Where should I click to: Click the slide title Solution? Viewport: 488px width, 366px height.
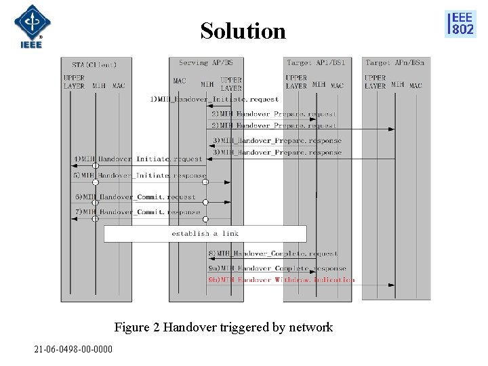(243, 31)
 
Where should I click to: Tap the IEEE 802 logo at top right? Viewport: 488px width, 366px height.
(460, 24)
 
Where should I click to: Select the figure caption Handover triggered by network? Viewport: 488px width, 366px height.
(224, 327)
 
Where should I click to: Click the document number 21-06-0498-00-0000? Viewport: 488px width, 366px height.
(74, 349)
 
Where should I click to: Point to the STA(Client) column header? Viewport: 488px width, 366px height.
(94, 65)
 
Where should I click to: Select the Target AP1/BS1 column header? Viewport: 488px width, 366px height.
(316, 63)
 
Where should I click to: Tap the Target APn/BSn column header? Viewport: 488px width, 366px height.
(395, 63)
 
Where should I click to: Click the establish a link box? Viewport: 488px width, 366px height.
(205, 234)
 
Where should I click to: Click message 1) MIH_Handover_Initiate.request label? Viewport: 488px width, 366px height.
(214, 100)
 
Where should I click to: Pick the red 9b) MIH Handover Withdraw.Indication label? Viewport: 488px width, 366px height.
(281, 279)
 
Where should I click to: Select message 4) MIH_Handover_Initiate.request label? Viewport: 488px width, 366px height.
(138, 159)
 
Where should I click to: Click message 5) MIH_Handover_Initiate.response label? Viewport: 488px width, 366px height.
(140, 176)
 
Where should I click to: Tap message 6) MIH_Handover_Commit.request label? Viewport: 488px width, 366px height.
(136, 197)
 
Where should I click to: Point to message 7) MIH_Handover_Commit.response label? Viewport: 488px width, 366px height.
(138, 212)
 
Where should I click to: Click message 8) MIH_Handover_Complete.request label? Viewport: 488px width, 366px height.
(272, 253)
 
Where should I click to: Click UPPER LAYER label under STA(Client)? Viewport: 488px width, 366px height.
(74, 82)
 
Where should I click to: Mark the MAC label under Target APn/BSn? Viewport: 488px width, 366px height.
(415, 86)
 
